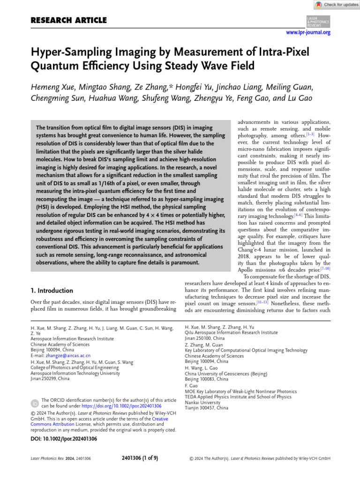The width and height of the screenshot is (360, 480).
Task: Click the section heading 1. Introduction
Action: click(x=52, y=291)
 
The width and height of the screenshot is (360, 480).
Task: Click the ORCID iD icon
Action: click(x=35, y=403)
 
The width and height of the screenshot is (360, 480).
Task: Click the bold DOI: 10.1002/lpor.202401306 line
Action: click(x=64, y=439)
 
